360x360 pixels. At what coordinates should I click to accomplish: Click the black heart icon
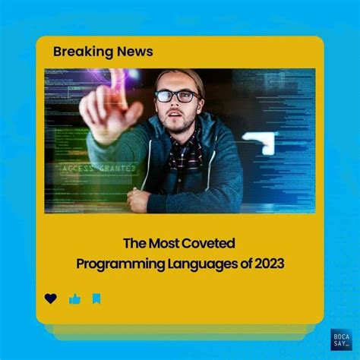(x=51, y=298)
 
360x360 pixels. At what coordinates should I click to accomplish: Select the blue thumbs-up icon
(x=74, y=298)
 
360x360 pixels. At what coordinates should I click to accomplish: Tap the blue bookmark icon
(x=96, y=298)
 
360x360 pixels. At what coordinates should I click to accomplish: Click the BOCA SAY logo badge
(x=341, y=339)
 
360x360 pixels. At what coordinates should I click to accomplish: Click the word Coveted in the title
(x=211, y=243)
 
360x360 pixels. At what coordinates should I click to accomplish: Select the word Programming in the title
(x=114, y=263)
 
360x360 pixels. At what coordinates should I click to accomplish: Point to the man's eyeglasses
(x=176, y=96)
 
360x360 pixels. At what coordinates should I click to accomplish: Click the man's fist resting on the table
(x=139, y=200)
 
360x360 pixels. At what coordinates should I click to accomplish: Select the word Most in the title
(x=167, y=243)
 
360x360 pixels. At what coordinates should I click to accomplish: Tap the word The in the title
(x=135, y=243)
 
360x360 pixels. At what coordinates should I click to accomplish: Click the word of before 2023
(x=239, y=263)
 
